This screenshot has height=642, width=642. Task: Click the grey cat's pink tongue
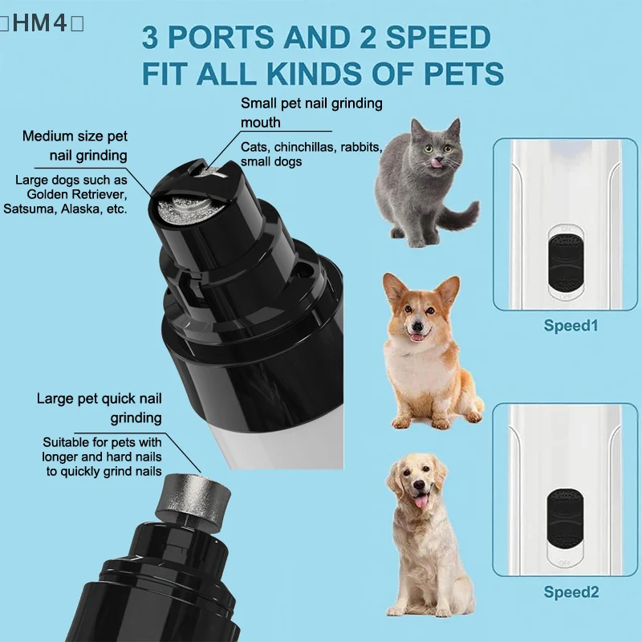[437, 164]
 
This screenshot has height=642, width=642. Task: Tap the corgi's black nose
[417, 327]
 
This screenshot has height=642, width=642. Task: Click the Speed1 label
[571, 326]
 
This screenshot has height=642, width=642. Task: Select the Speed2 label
[571, 592]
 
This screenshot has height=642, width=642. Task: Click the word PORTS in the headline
[221, 37]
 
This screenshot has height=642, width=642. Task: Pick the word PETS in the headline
[464, 74]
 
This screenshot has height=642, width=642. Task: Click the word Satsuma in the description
[30, 209]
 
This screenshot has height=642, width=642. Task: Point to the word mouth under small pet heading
[260, 123]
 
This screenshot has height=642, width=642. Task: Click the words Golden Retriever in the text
[77, 194]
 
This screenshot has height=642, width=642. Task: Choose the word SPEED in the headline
[438, 37]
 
